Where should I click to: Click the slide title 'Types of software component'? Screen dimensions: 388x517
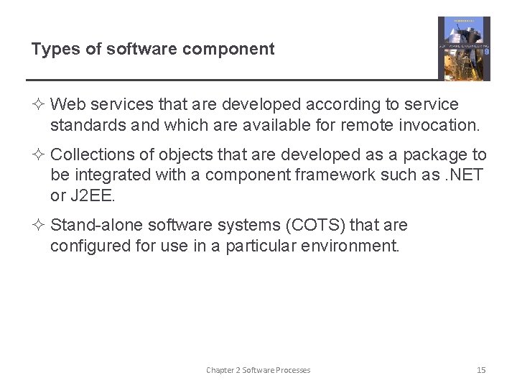coord(152,50)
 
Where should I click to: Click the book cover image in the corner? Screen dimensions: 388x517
coord(464,48)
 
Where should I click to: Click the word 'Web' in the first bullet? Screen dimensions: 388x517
coord(67,105)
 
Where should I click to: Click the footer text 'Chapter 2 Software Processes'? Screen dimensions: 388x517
coord(258,370)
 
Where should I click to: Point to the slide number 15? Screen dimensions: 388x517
coord(481,370)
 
